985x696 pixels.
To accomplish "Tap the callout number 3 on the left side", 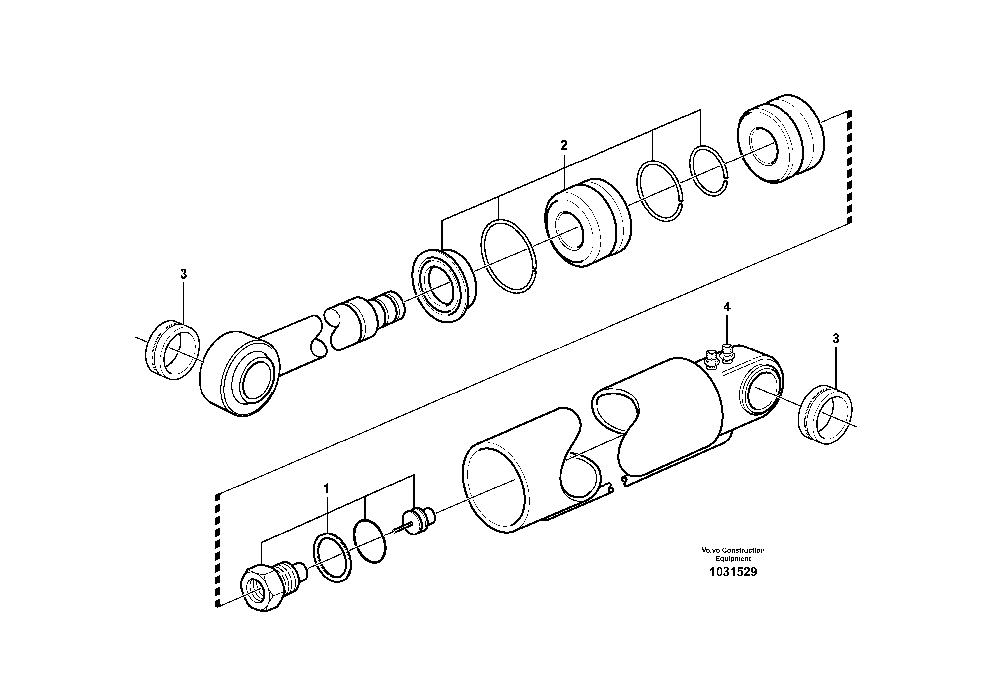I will (183, 274).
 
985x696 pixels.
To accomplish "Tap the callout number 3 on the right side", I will (836, 339).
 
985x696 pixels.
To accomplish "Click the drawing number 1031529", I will (733, 572).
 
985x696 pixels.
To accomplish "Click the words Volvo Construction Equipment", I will (733, 554).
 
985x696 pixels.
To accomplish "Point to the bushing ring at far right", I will (826, 415).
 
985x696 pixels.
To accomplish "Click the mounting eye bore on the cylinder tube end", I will (760, 391).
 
